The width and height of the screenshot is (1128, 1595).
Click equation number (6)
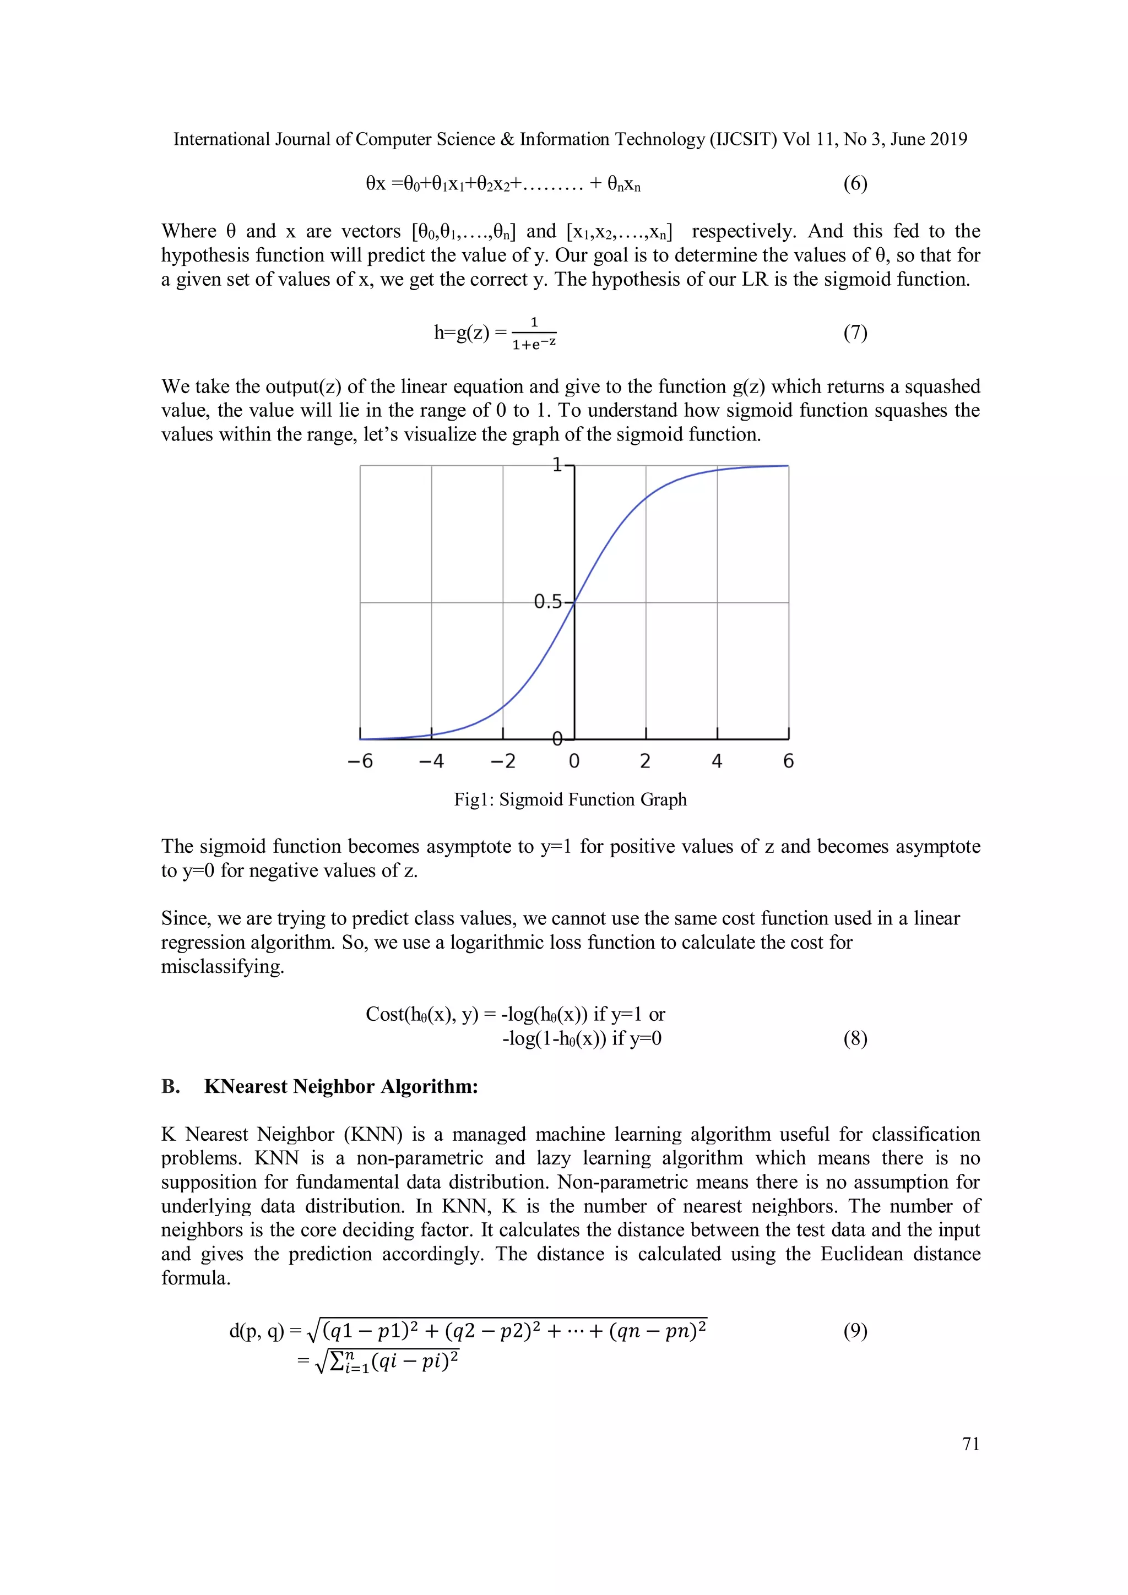click(x=855, y=183)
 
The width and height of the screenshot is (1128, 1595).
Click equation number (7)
click(x=855, y=333)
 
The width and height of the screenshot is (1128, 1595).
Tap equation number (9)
click(x=855, y=1330)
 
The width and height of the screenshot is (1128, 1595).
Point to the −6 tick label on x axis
click(x=360, y=761)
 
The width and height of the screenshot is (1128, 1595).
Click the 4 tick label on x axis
click(x=717, y=761)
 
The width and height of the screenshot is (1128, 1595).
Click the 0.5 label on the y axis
click(x=547, y=602)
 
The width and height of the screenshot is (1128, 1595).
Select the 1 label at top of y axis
click(x=557, y=465)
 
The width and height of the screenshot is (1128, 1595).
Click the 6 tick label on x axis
click(x=788, y=761)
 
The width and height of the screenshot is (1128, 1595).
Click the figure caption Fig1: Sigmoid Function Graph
click(x=570, y=799)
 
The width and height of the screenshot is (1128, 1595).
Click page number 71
click(x=970, y=1444)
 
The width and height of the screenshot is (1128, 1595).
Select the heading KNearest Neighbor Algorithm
click(x=340, y=1086)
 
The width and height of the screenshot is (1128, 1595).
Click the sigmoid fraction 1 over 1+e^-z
click(x=534, y=334)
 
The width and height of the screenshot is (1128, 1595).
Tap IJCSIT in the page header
click(x=743, y=140)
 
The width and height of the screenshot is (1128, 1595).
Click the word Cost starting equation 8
click(x=385, y=1014)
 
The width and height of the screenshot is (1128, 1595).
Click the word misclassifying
click(x=223, y=966)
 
